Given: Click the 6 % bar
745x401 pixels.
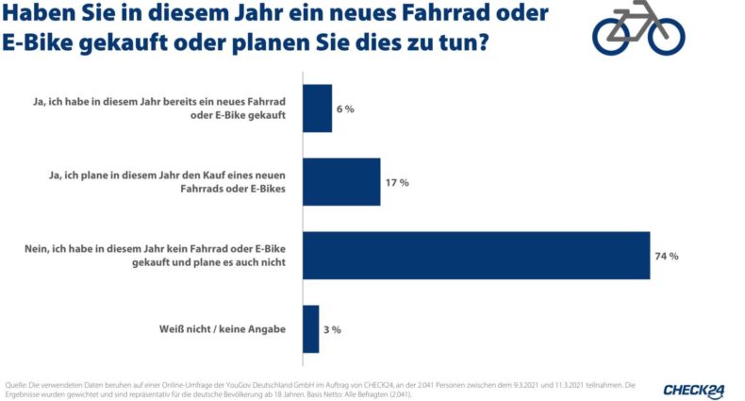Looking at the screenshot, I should (x=317, y=108).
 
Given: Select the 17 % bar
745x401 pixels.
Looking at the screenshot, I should (x=341, y=181).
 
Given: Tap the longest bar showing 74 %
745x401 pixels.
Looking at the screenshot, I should (x=476, y=255).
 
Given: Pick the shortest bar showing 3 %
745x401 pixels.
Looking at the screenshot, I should (x=310, y=328).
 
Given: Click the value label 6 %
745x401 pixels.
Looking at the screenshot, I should (x=344, y=109).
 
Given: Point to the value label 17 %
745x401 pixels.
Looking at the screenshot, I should (x=397, y=182).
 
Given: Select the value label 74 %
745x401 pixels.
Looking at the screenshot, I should (x=667, y=256).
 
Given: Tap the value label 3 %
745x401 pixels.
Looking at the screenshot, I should (x=332, y=329).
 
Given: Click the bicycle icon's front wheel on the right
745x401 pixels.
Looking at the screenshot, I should (x=663, y=34).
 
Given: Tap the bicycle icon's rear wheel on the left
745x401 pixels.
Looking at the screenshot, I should (x=614, y=34).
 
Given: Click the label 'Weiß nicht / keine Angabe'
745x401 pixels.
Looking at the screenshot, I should (x=226, y=328).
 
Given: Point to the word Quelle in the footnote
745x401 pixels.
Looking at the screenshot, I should (x=16, y=384).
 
